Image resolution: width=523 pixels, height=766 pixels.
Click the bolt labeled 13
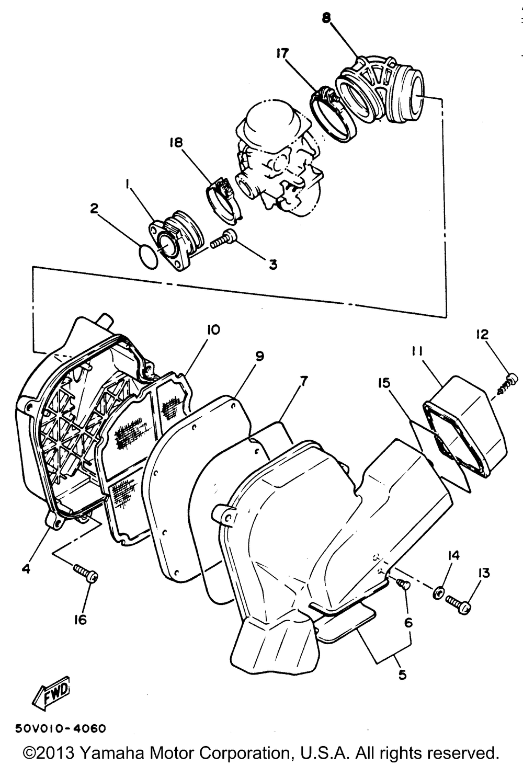pos(459,604)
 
